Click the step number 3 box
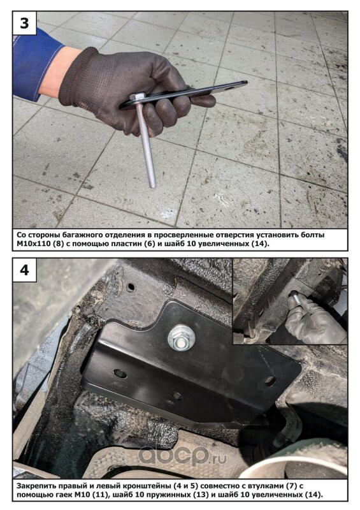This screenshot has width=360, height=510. pos(24,24)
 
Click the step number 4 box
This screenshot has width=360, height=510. pos(24,270)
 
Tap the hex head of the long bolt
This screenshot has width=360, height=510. pos(138,96)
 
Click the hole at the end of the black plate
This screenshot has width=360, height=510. pos(231,87)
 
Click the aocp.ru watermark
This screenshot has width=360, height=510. pos(182,456)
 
